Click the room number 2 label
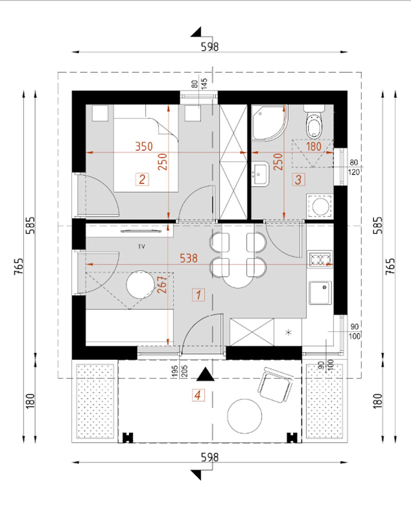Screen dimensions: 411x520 tap(142, 180)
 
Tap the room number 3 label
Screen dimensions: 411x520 tap(298, 180)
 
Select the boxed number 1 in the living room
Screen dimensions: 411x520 tap(198, 295)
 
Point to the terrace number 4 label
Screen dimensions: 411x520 tap(198, 395)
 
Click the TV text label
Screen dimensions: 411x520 tap(142, 247)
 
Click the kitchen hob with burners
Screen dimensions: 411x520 tap(320, 259)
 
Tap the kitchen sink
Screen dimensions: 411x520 tap(320, 293)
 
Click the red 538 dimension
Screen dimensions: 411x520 tap(188, 258)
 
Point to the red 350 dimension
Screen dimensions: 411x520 tap(144, 147)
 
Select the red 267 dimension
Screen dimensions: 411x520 tap(162, 284)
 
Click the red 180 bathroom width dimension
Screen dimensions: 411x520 tap(314, 147)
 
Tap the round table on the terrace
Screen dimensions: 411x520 tap(244, 416)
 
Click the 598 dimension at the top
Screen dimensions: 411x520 tap(210, 46)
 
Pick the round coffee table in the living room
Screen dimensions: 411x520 tap(140, 284)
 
